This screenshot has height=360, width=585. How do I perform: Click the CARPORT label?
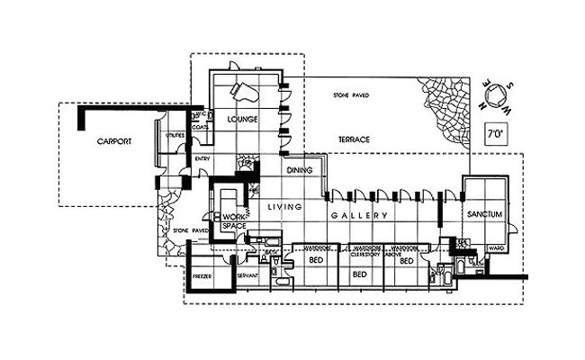[x=116, y=141]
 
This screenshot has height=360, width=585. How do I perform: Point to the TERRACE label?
[x=355, y=140]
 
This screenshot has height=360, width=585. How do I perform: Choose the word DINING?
[x=299, y=170]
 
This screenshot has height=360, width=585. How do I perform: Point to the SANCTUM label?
[x=484, y=214]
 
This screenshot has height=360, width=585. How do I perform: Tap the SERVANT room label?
[x=247, y=274]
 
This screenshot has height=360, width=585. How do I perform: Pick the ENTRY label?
[x=202, y=159]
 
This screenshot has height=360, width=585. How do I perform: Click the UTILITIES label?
[x=175, y=136]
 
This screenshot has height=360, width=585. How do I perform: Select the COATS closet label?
[x=201, y=128]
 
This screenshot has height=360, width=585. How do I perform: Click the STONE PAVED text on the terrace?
[x=351, y=94]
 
